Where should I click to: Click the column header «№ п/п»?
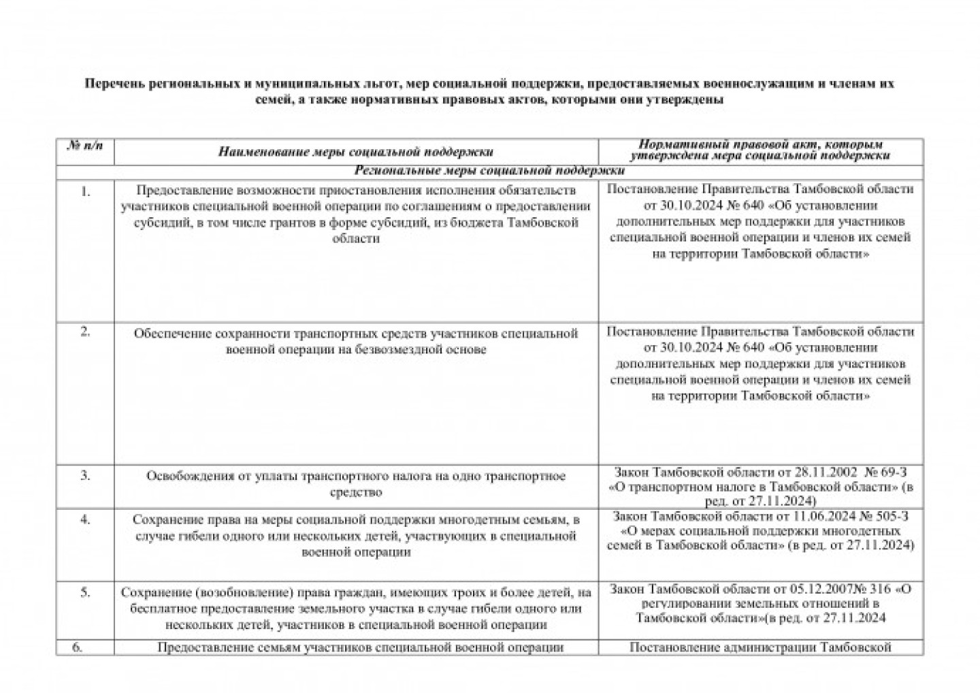tap(85, 145)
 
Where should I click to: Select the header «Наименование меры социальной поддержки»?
tap(356, 151)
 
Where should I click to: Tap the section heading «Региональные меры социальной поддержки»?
tap(489, 170)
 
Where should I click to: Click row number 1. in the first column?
tap(85, 191)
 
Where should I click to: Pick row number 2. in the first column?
tap(85, 332)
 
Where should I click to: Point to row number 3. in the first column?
tap(85, 475)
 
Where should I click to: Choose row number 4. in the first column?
tap(85, 519)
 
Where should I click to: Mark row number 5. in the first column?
tap(85, 592)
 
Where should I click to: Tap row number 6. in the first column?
tap(78, 647)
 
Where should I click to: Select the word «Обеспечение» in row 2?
tap(172, 334)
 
